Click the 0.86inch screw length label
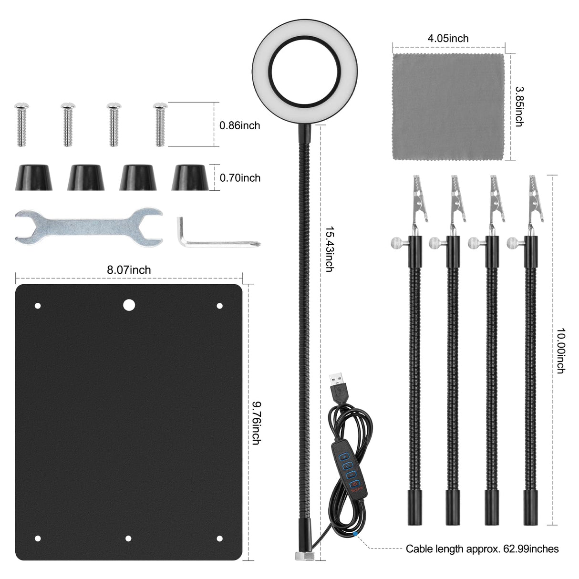click(239, 125)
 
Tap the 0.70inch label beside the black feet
click(239, 178)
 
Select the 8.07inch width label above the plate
click(128, 270)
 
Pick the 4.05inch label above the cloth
click(448, 38)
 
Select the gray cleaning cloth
click(448, 106)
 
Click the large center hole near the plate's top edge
click(128, 304)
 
